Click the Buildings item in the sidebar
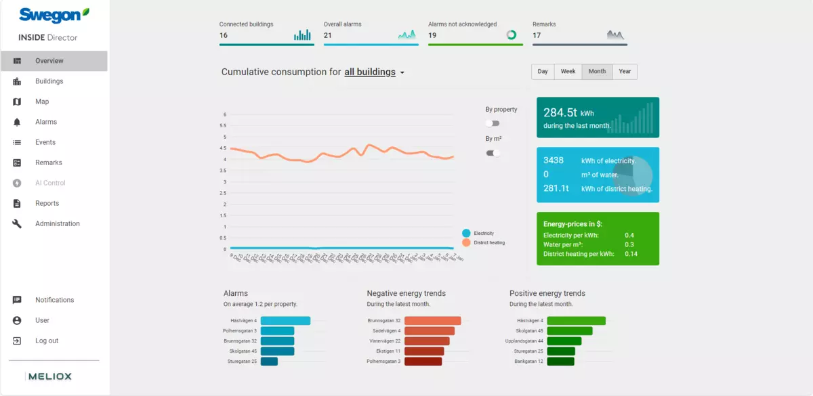(x=49, y=81)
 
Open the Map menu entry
(x=42, y=102)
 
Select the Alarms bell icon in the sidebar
(x=18, y=123)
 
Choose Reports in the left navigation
(x=47, y=203)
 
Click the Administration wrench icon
(x=18, y=224)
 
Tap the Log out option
(x=47, y=340)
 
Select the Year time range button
(x=625, y=72)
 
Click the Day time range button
(x=543, y=72)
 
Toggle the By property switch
(x=493, y=123)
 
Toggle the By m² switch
(x=493, y=153)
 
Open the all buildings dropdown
(x=374, y=72)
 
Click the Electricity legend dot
(x=466, y=233)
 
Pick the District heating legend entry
(x=488, y=242)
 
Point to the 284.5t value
(x=559, y=113)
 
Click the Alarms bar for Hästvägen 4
(x=285, y=321)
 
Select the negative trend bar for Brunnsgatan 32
(x=433, y=321)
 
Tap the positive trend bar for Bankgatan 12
(x=560, y=361)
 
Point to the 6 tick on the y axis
(x=224, y=114)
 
